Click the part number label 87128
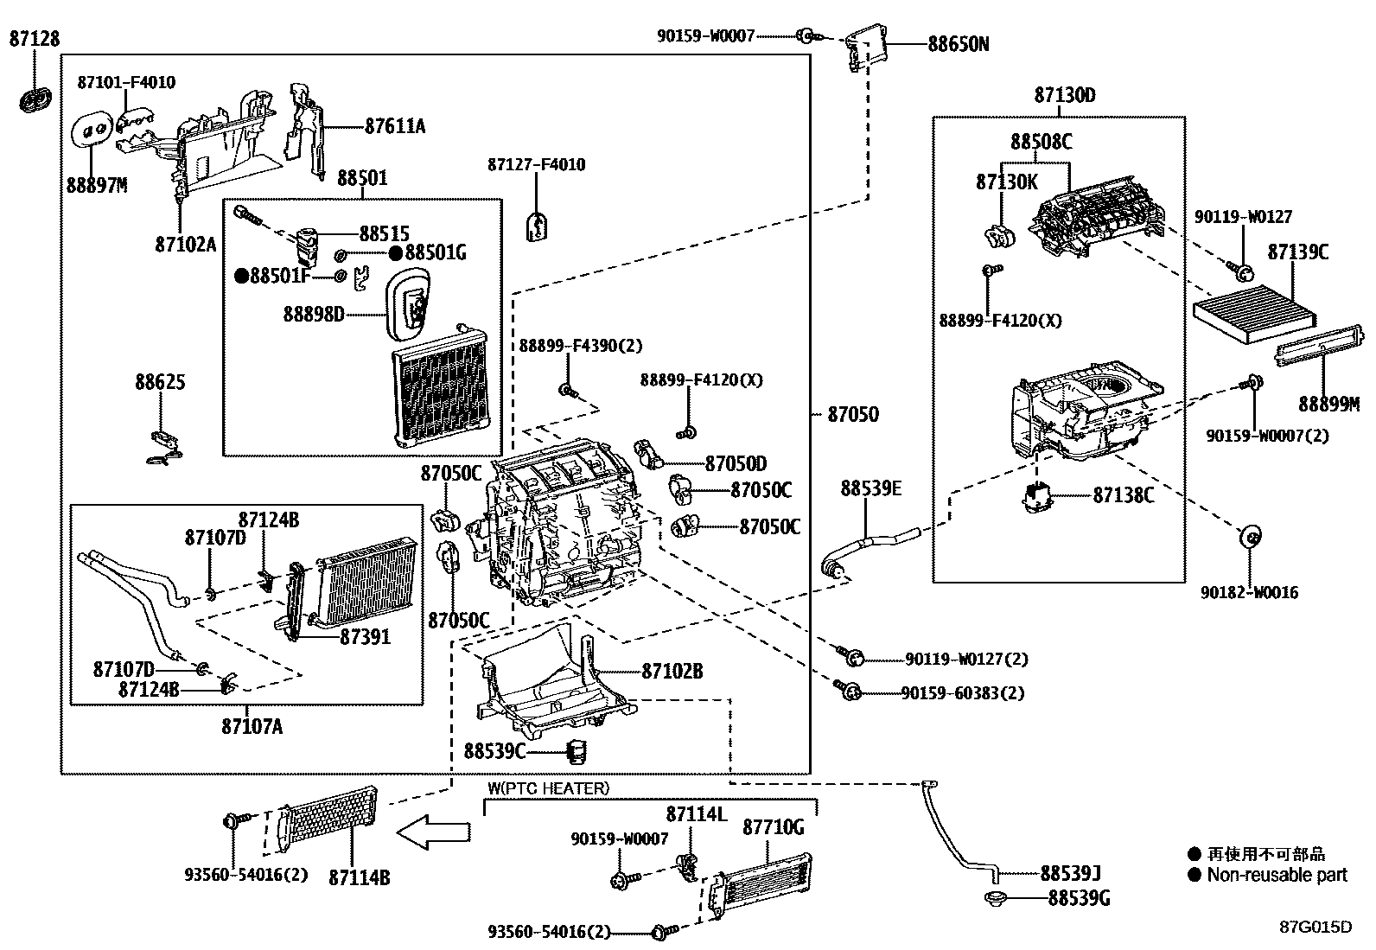coord(35,38)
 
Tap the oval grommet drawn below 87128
coord(35,99)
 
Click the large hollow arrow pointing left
coord(434,833)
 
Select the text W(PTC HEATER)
coord(548,788)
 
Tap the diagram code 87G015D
coord(1315,927)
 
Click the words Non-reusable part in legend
coord(1277,875)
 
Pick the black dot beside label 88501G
coord(395,252)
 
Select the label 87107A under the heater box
coord(252,726)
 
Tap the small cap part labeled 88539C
coord(576,750)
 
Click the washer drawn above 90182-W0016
coord(1249,536)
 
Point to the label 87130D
coord(1064,95)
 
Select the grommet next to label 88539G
coord(996,897)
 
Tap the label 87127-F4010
coord(536,164)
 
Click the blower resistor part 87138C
coord(1036,497)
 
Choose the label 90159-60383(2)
coord(962,693)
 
